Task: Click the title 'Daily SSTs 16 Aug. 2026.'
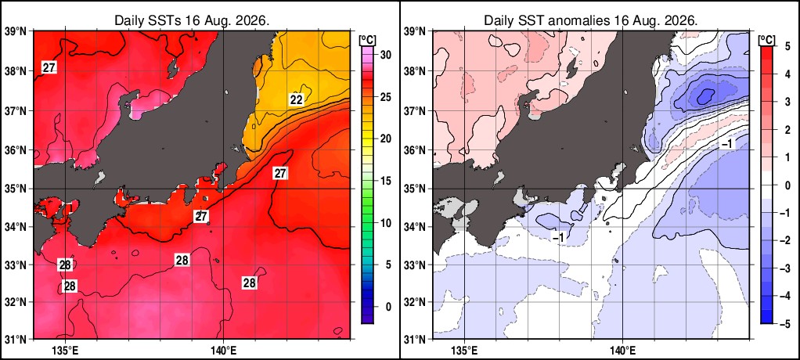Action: point(192,21)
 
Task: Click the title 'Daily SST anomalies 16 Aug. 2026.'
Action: point(591,21)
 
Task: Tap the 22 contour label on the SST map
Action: point(297,100)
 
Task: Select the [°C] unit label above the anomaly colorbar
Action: point(767,39)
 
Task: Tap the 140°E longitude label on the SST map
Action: point(223,351)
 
